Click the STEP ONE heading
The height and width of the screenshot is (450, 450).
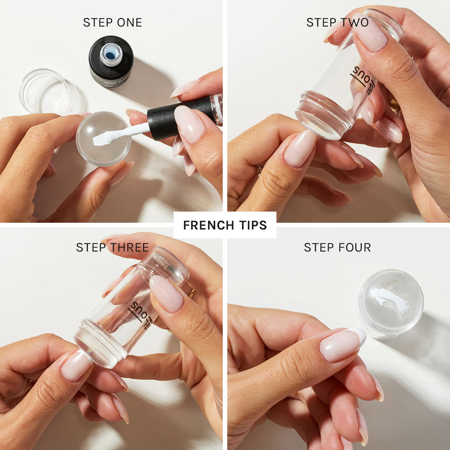coord(112,22)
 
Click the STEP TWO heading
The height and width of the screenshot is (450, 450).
coord(337,22)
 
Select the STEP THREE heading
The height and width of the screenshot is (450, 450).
coord(112,247)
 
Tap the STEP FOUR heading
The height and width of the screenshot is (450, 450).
coord(337,247)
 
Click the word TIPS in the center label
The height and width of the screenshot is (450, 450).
coord(253,225)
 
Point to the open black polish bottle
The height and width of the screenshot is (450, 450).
coord(110,61)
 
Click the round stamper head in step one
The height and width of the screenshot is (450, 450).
coord(103,139)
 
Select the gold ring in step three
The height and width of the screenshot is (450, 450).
coord(192,294)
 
